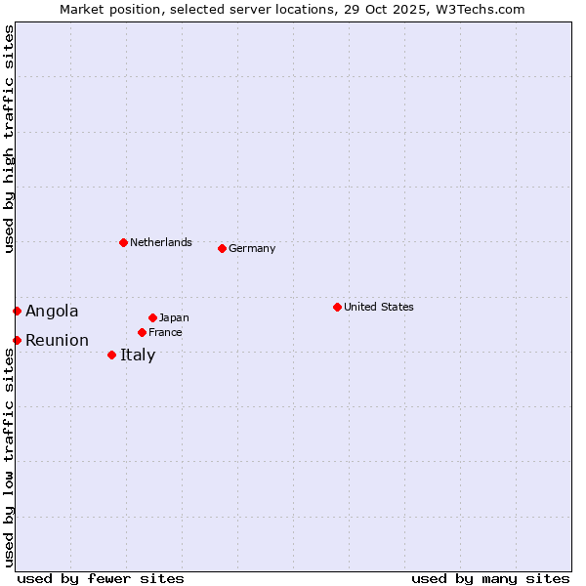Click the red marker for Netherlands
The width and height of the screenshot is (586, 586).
(x=123, y=242)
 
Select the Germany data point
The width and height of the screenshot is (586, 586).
(x=222, y=248)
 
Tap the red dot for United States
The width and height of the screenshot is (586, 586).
(x=337, y=307)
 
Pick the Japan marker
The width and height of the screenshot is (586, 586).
(x=152, y=317)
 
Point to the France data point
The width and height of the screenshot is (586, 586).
(x=142, y=332)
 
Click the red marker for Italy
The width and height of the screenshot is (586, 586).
(x=111, y=355)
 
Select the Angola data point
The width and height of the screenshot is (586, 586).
(x=17, y=311)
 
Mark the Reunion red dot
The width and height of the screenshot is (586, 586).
(x=17, y=340)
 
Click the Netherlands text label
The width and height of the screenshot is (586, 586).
(x=160, y=242)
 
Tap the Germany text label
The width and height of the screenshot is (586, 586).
(x=252, y=248)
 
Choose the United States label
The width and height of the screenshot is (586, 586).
(x=378, y=307)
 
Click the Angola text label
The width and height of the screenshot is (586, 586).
(x=52, y=311)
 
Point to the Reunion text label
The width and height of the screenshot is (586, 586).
(x=57, y=340)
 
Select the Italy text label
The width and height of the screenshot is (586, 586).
(x=138, y=355)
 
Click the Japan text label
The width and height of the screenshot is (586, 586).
(x=174, y=317)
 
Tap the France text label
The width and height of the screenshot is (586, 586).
(x=165, y=332)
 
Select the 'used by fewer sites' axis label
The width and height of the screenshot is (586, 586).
(x=101, y=578)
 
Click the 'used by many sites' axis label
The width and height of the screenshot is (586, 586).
(x=490, y=578)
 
